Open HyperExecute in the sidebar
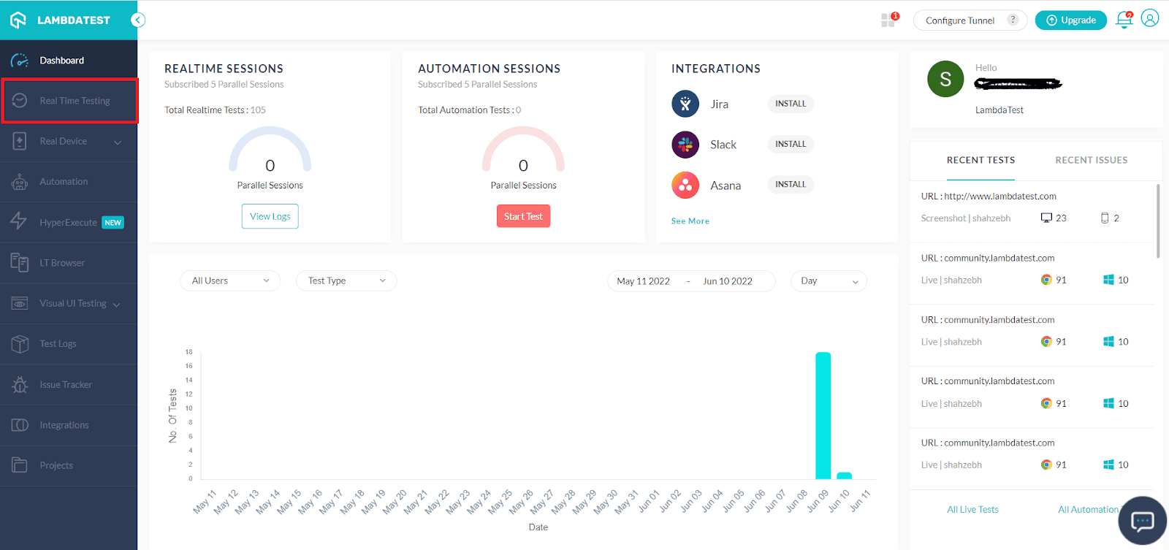click(x=69, y=223)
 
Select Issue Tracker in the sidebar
click(x=66, y=385)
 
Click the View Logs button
click(x=270, y=216)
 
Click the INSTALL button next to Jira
click(x=791, y=104)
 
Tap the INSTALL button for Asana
click(x=791, y=185)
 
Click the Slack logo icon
click(x=685, y=145)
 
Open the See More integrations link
click(x=690, y=221)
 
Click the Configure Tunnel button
click(x=960, y=20)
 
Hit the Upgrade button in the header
click(x=1071, y=20)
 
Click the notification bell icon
click(x=1124, y=20)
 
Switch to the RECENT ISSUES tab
click(x=1091, y=160)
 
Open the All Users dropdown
click(x=230, y=281)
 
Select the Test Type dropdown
click(x=346, y=281)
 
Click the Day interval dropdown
click(x=829, y=281)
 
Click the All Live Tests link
click(x=972, y=510)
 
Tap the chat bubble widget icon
click(x=1142, y=521)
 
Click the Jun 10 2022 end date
click(x=727, y=281)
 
